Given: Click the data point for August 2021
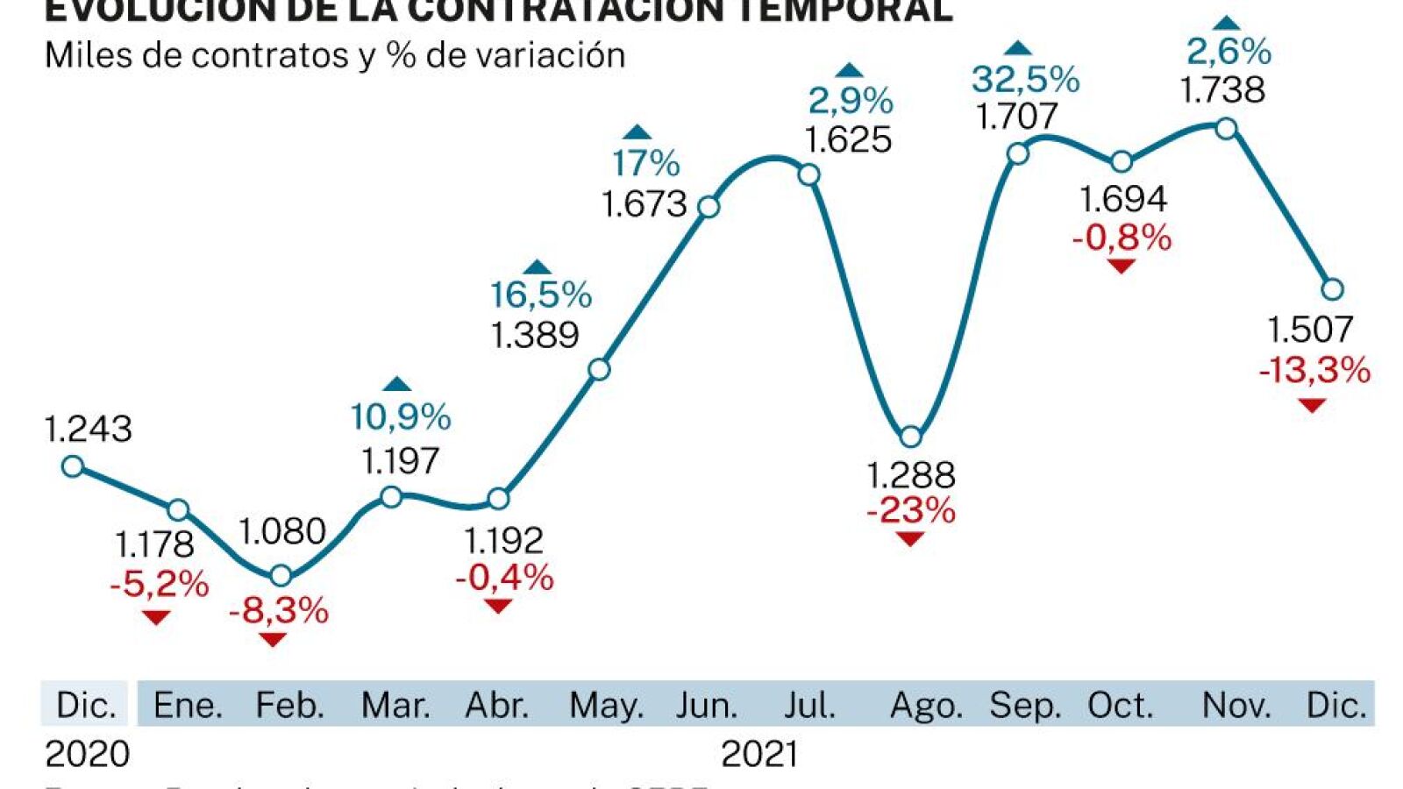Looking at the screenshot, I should [911, 437].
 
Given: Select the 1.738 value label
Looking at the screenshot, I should [1222, 90].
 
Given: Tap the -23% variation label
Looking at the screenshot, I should [910, 510].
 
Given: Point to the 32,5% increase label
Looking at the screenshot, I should [1024, 80].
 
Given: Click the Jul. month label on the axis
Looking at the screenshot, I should [808, 705].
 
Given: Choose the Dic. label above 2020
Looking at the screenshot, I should [85, 705].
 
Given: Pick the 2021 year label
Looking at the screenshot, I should [759, 754].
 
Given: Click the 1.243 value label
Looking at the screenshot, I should [88, 429].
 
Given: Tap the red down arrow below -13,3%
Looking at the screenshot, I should [1312, 405].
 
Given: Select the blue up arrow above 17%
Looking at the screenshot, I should [637, 133].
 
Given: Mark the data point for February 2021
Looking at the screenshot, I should [281, 576].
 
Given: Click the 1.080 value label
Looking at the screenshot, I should [281, 531].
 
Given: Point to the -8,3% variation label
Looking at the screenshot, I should [278, 610].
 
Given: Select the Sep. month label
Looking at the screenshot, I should [1024, 705].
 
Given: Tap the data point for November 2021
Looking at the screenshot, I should [1226, 129].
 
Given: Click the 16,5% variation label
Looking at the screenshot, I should [540, 295].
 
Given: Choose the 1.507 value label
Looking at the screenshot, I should [1310, 330].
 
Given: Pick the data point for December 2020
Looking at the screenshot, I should [73, 466].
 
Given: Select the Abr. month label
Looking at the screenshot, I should [497, 705].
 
